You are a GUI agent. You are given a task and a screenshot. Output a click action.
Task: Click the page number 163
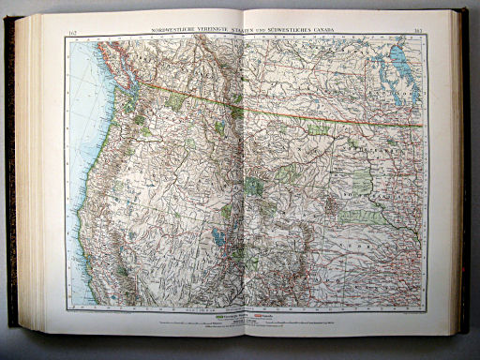[417, 34]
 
